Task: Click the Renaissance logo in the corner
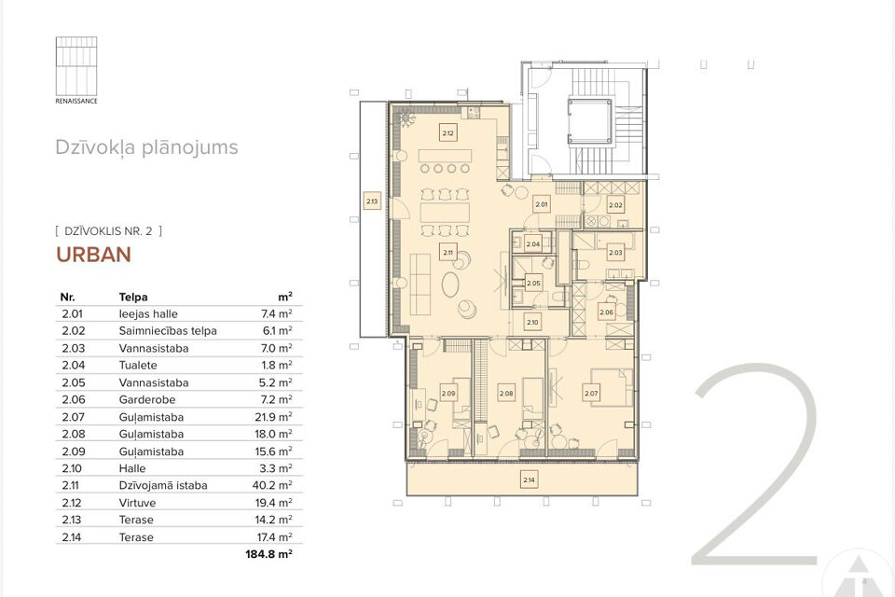[x=76, y=68]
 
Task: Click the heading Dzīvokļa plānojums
[x=145, y=147]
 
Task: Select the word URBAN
[x=92, y=254]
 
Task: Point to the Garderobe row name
[x=142, y=399]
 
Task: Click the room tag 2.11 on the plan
[x=447, y=253]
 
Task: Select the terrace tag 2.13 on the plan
[x=371, y=201]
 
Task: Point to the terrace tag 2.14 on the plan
[x=529, y=480]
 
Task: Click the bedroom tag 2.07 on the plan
[x=590, y=394]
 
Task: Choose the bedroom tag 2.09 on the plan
[x=448, y=394]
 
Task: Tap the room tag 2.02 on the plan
[x=614, y=205]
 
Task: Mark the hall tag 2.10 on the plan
[x=532, y=323]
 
